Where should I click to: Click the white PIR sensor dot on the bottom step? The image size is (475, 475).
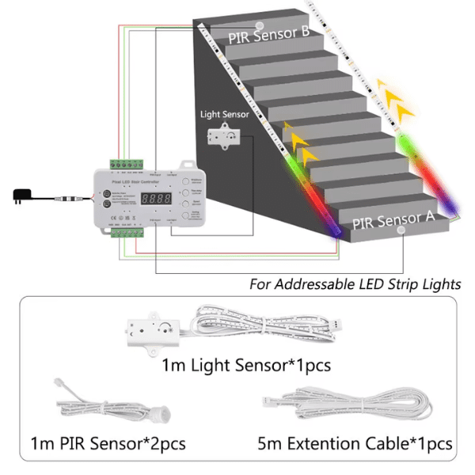[x=401, y=230]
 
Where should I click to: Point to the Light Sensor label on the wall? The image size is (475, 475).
[x=224, y=114]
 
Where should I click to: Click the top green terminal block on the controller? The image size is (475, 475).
[x=126, y=164]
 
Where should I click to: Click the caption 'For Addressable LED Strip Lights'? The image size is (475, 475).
[x=355, y=283]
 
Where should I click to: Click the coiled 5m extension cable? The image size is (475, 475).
[x=356, y=404]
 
